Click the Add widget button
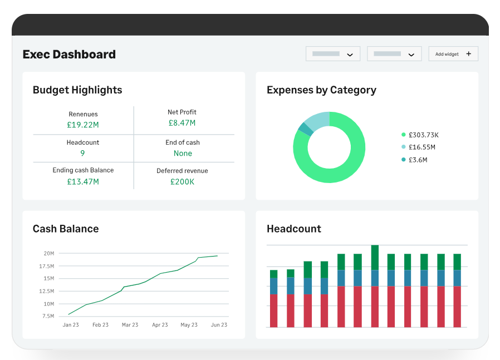[453, 54]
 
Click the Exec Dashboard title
[69, 55]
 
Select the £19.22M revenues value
[83, 125]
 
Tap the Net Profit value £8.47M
[182, 123]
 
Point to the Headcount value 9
[82, 153]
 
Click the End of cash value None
[183, 153]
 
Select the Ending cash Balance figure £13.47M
[83, 181]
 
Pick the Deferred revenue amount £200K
[182, 182]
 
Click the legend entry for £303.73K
[423, 135]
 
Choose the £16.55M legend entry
[421, 147]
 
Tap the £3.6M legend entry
[417, 160]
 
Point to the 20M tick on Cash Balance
[48, 253]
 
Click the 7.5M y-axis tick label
[48, 316]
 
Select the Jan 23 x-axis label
[71, 325]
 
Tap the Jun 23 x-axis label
[219, 325]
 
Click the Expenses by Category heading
[321, 90]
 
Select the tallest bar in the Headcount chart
[375, 286]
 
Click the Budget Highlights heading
[77, 90]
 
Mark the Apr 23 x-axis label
[160, 325]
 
